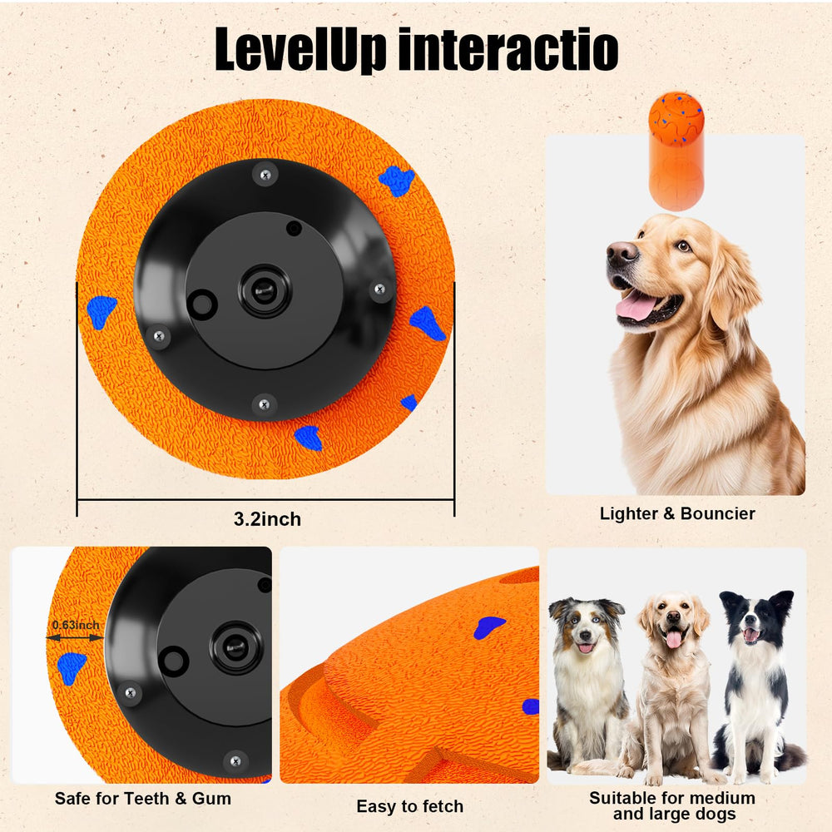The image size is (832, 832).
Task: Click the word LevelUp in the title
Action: point(300,50)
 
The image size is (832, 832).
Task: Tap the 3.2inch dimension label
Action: point(267,520)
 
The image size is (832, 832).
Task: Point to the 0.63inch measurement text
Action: point(75,625)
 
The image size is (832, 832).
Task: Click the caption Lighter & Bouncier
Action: point(677,513)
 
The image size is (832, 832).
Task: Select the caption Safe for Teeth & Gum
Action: point(143,799)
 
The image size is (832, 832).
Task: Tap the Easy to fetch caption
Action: point(409,806)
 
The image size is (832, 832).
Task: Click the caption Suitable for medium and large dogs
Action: point(672,805)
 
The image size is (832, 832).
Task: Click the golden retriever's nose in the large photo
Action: point(620,253)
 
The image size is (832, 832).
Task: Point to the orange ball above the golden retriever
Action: point(676,116)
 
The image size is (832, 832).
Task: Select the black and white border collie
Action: point(755,682)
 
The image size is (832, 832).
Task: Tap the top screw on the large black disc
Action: point(265,174)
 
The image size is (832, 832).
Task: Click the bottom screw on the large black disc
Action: point(263,404)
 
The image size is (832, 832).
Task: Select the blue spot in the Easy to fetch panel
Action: point(488,627)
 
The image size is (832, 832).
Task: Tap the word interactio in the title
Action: point(508,50)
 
